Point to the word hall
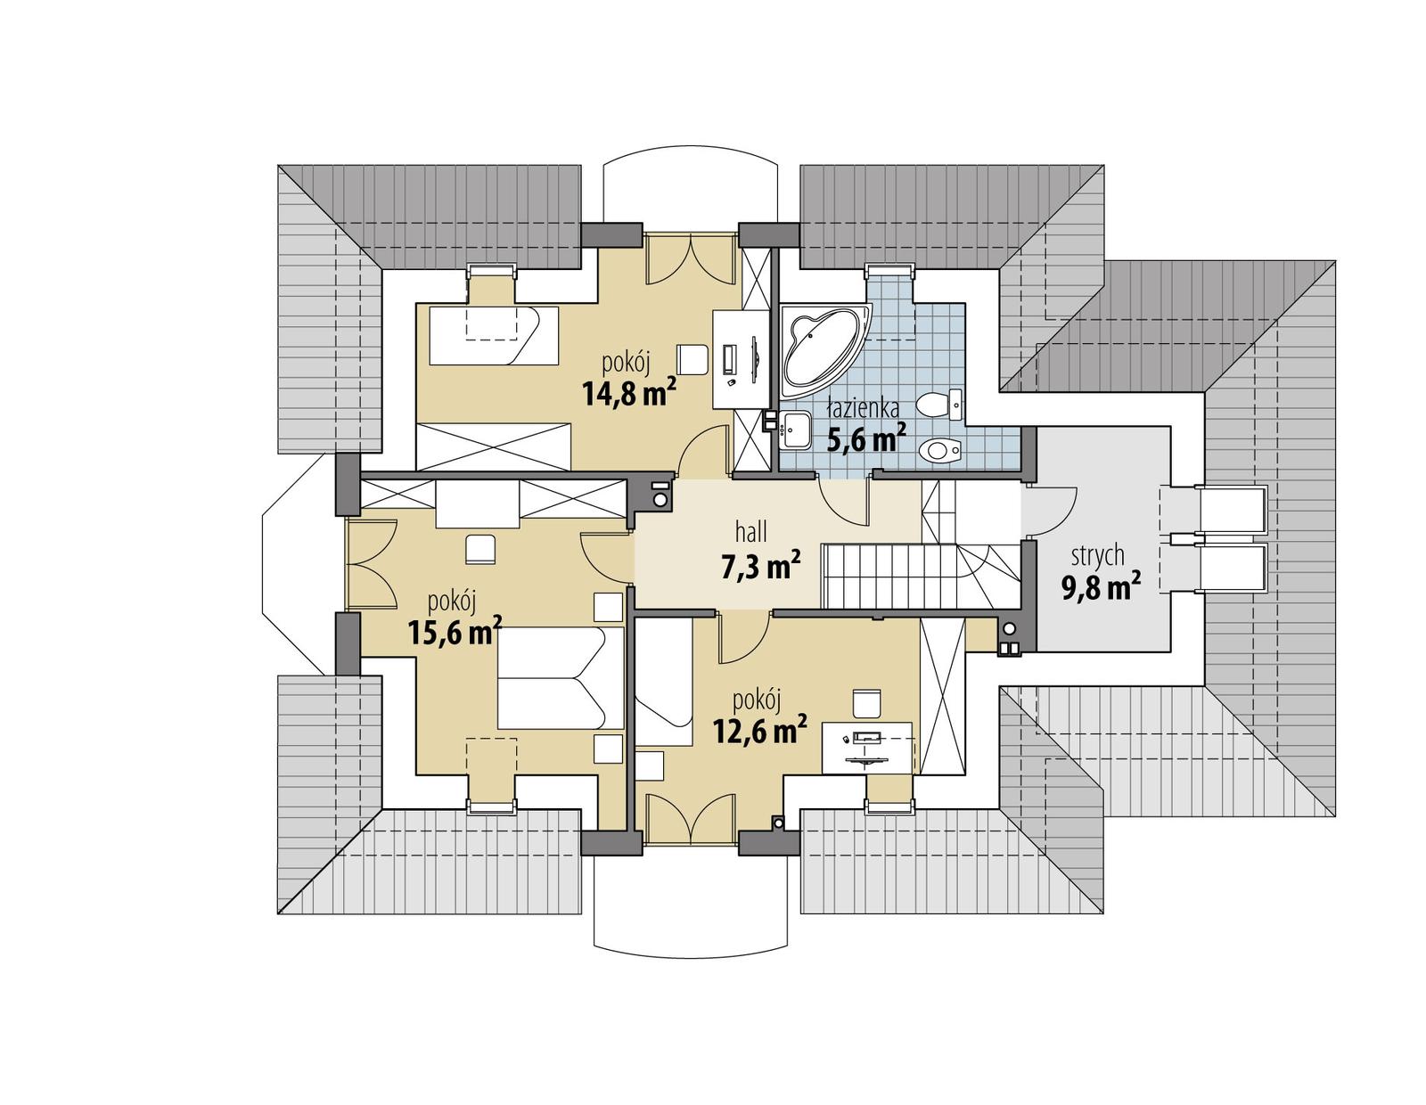pos(751,533)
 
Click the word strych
pos(1098,555)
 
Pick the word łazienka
pos(862,408)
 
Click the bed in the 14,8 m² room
pos(493,335)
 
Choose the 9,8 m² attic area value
pos(1102,585)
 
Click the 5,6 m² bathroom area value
pos(867,438)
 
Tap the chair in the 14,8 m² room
pos(692,359)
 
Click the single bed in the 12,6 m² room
pos(663,682)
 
